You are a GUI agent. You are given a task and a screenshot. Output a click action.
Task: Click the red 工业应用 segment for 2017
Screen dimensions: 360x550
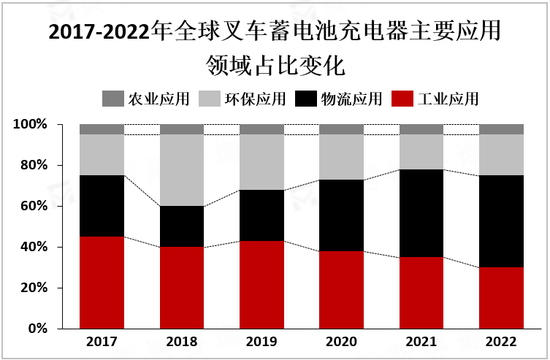[x=102, y=283]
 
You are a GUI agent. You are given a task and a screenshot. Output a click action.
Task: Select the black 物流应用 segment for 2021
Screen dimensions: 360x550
[x=421, y=213]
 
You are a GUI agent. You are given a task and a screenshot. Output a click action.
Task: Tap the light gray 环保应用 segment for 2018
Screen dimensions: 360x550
[x=182, y=170]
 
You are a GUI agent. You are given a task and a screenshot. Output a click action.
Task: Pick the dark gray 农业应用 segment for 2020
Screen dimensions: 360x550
[x=341, y=129]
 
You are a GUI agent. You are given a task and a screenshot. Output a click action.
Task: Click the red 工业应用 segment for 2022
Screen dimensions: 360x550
[x=501, y=298]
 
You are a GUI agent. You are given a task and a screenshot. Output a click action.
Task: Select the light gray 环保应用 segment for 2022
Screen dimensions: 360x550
[x=501, y=155]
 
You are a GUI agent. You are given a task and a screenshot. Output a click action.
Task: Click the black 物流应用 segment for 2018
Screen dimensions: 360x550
[x=182, y=226]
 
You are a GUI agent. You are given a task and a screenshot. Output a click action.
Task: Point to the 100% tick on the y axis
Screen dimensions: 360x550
[x=30, y=125]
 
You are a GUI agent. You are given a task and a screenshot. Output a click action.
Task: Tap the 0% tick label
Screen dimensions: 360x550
[x=37, y=329]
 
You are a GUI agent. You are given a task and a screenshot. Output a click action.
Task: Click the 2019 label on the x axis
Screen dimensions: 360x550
[x=261, y=342]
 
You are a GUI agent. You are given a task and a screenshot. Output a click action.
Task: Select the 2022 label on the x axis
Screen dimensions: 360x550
[x=501, y=342]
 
